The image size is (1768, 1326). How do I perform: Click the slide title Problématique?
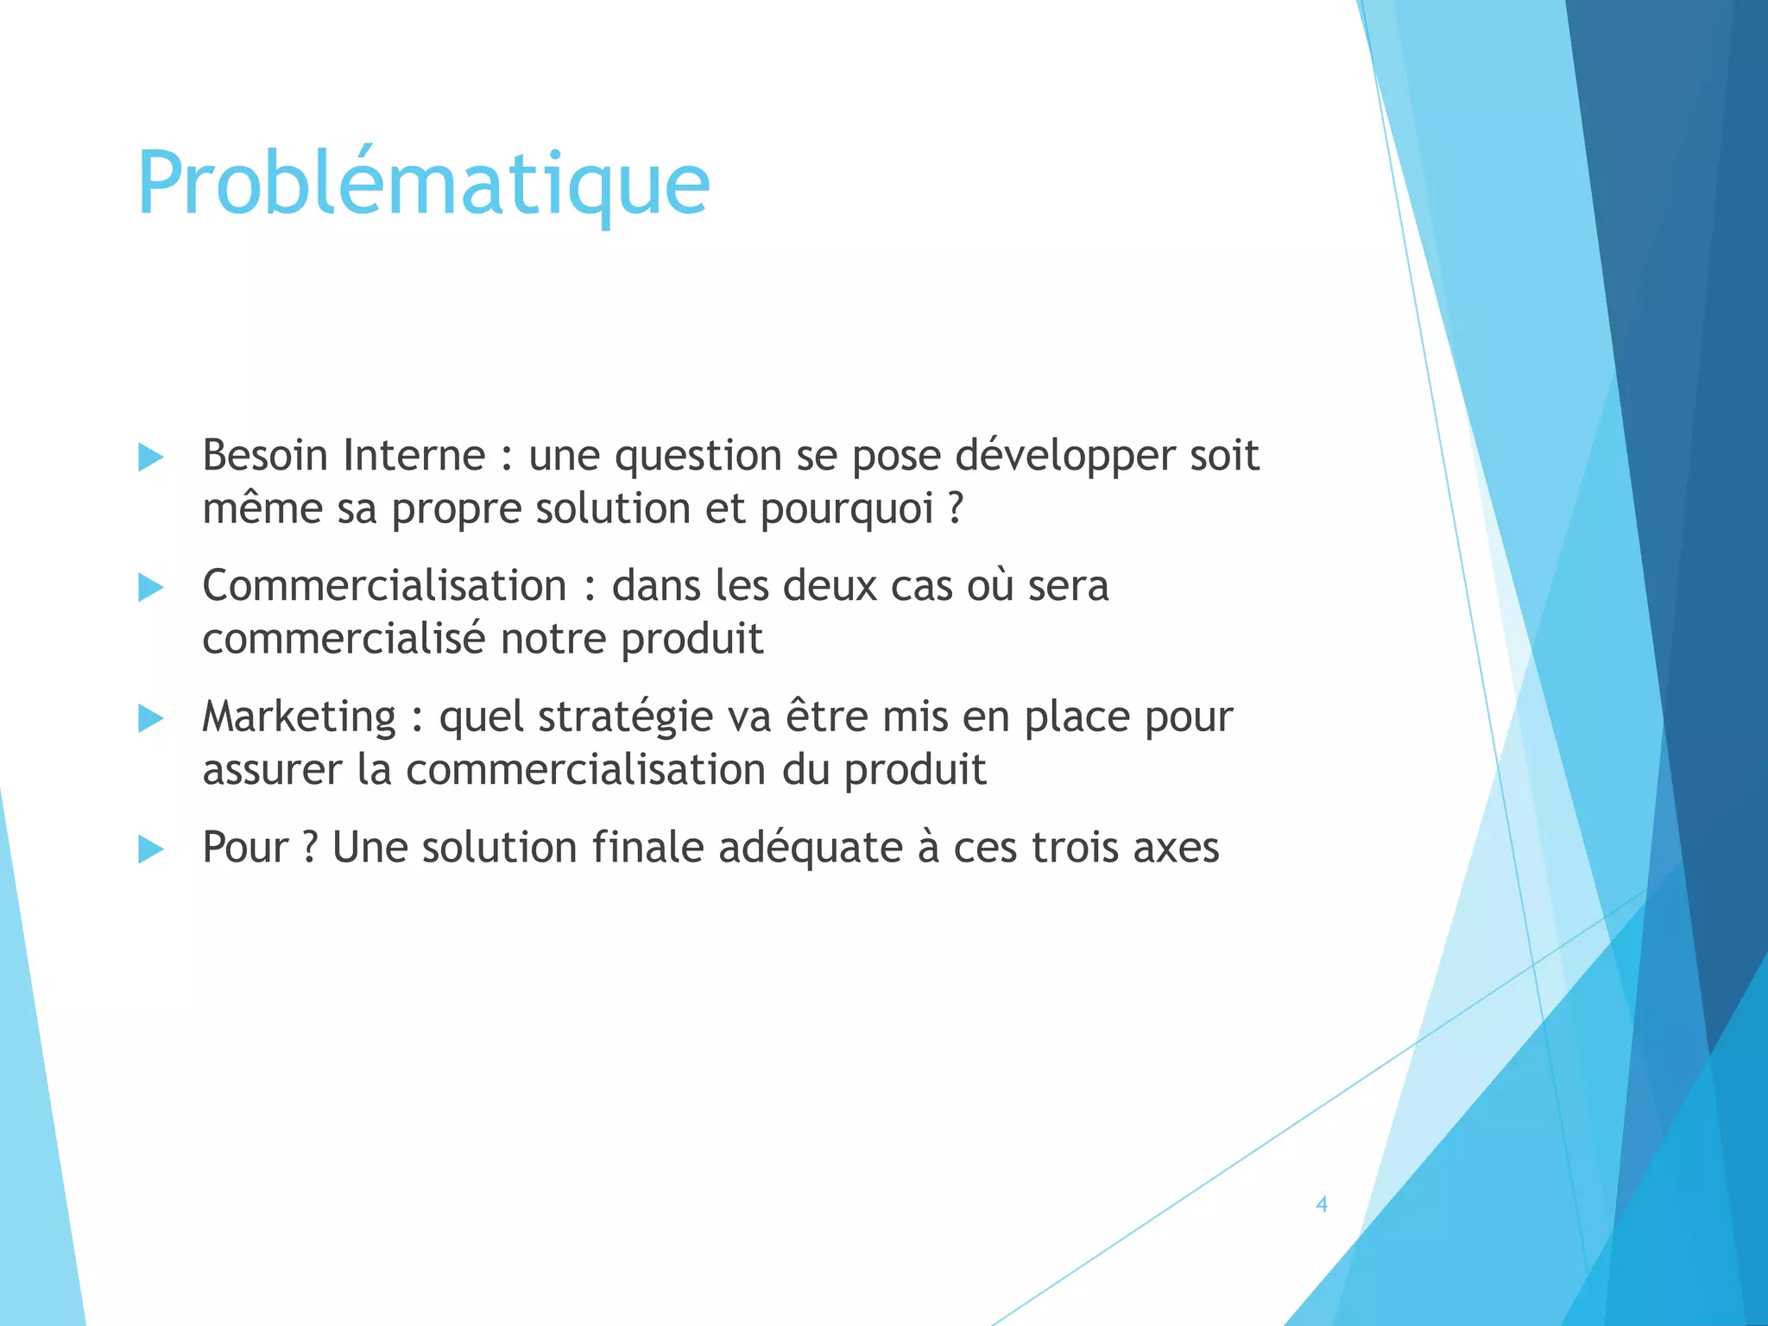423,184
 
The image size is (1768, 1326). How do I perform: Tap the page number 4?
1321,1204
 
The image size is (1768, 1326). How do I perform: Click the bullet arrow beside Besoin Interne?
151,458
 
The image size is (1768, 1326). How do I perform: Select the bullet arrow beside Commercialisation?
151,588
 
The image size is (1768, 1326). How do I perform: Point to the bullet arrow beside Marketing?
151,718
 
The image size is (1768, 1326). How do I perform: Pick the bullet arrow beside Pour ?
151,849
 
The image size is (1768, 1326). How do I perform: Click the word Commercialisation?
384,586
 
